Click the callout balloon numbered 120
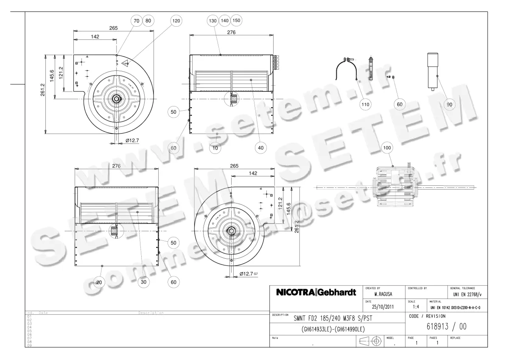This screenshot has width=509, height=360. click(176, 20)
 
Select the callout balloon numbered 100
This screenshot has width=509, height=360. click(387, 148)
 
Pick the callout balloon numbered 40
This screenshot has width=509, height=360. click(260, 148)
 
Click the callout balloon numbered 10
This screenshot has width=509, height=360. click(216, 148)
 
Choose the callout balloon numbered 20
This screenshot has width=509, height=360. click(99, 282)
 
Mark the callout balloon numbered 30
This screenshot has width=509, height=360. click(143, 282)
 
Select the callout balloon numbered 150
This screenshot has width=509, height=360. click(237, 20)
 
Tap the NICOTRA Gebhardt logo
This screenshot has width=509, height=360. click(316, 293)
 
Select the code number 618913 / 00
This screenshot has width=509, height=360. click(447, 328)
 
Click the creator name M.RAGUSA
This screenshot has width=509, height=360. click(382, 293)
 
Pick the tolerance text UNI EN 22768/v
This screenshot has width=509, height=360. click(467, 293)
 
